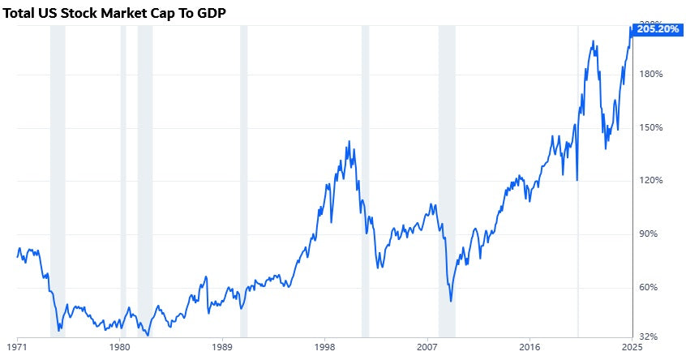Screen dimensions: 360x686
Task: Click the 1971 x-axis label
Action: pyautogui.click(x=17, y=346)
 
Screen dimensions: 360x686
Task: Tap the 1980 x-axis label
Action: pyautogui.click(x=119, y=346)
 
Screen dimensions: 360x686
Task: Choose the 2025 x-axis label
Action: pyautogui.click(x=631, y=346)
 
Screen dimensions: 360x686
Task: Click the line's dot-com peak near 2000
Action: pyautogui.click(x=349, y=142)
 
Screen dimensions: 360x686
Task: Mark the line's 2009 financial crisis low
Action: pyautogui.click(x=451, y=302)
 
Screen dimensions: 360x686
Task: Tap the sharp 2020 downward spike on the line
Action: pyautogui.click(x=577, y=179)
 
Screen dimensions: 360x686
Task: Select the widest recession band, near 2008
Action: pyautogui.click(x=447, y=178)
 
